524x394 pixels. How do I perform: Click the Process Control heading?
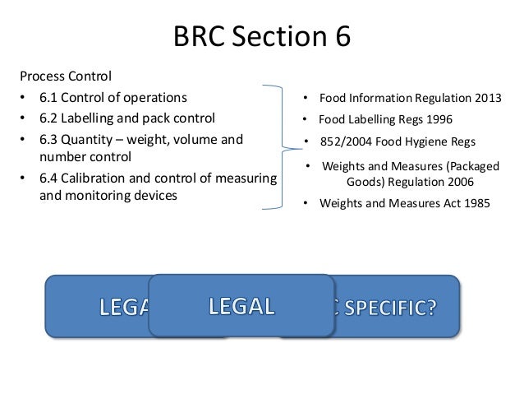(65, 77)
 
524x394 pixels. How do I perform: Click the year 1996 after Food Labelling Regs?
(435, 118)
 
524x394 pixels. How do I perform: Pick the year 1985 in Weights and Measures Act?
(473, 202)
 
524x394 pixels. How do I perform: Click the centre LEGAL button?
(241, 306)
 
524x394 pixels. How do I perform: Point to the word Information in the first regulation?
(381, 98)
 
